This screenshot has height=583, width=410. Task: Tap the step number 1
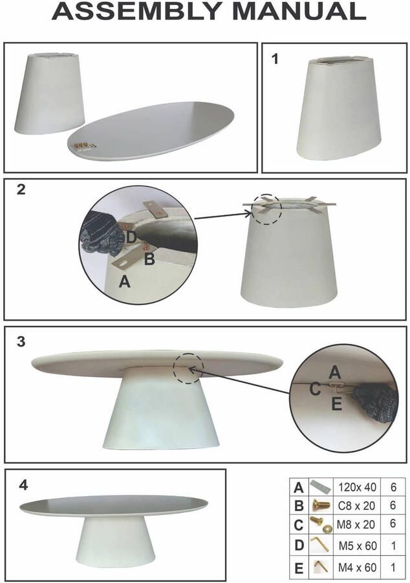click(x=275, y=59)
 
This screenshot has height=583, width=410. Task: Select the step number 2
click(x=21, y=189)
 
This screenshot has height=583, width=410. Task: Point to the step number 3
click(x=21, y=341)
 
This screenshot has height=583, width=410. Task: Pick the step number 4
click(x=23, y=485)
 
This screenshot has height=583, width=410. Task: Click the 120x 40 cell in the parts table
click(x=357, y=487)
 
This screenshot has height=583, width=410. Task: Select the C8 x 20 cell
click(x=356, y=506)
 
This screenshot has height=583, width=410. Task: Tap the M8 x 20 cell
click(x=356, y=525)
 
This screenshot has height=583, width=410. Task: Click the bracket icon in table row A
click(x=320, y=486)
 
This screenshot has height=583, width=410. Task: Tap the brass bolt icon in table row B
click(x=321, y=505)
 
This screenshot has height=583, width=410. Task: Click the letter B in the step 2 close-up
click(x=149, y=258)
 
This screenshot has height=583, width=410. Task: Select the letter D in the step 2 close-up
click(x=131, y=237)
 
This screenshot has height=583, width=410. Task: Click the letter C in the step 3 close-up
click(x=315, y=389)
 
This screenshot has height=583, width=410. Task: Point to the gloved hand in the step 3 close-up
click(x=374, y=404)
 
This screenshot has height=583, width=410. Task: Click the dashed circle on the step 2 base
click(x=266, y=209)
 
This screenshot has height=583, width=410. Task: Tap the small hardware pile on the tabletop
click(x=85, y=146)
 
